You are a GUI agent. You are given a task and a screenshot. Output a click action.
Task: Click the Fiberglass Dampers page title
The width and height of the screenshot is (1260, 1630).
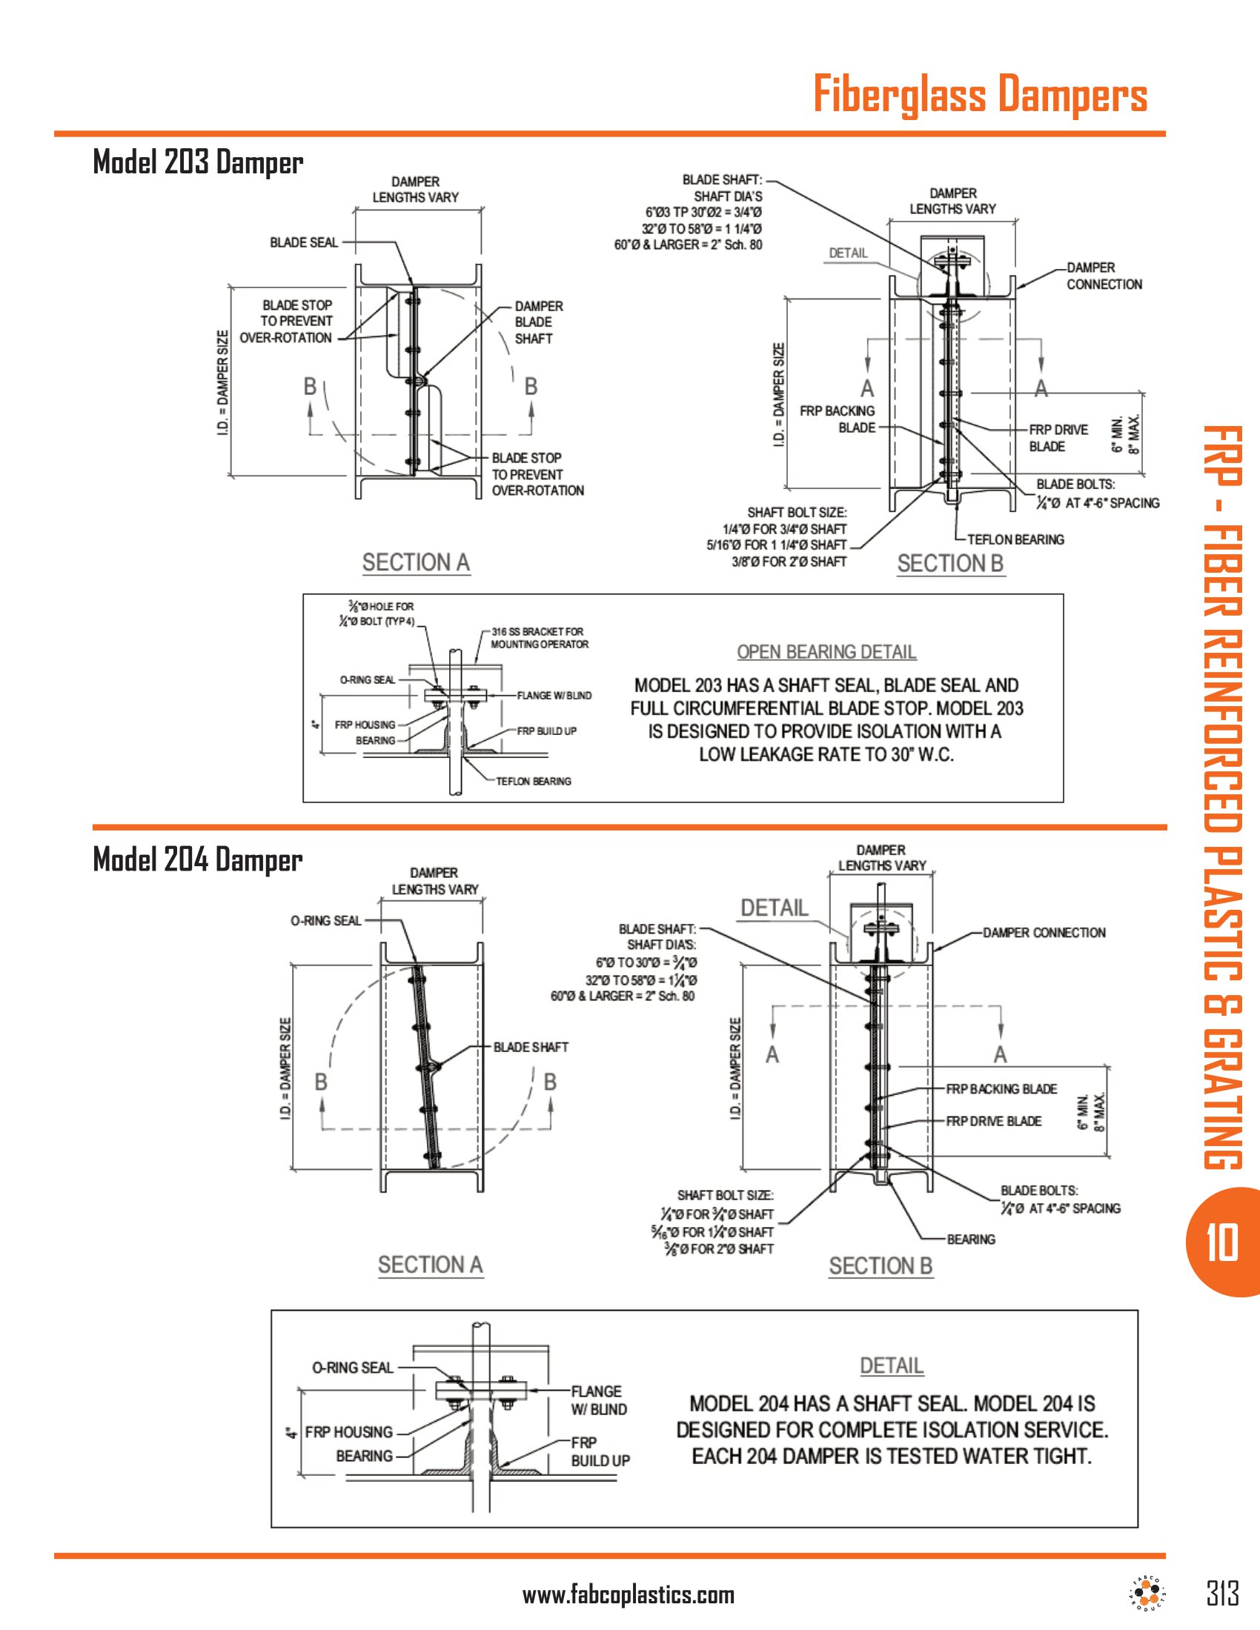[x=979, y=95]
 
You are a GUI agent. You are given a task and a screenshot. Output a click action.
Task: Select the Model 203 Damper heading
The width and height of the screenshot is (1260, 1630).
[x=198, y=162]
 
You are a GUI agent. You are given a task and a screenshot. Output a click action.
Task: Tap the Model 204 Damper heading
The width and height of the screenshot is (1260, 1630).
[x=198, y=859]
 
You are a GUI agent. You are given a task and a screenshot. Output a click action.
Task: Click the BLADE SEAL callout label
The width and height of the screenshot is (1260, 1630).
[x=304, y=242]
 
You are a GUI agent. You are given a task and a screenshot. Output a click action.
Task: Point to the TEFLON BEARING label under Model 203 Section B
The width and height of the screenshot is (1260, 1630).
[x=1015, y=539]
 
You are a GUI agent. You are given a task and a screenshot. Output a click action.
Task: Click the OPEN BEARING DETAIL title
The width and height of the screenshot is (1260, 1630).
[x=826, y=651]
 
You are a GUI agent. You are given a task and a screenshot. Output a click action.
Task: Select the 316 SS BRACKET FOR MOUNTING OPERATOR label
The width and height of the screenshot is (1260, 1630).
[x=539, y=638]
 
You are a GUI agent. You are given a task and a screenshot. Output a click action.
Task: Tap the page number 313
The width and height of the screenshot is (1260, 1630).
[x=1222, y=1595]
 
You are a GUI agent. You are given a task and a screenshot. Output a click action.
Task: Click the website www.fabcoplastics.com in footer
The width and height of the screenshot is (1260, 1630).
[x=629, y=1596]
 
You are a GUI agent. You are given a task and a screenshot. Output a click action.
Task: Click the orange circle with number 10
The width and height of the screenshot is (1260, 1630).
[x=1222, y=1243]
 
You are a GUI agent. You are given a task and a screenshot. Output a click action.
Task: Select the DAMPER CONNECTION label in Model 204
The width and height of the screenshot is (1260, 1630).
[x=1044, y=933]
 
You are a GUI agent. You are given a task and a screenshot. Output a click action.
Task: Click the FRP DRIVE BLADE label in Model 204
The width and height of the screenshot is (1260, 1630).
[x=993, y=1121]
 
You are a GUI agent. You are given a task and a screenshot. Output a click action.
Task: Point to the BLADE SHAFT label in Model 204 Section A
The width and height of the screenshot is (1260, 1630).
[x=531, y=1047]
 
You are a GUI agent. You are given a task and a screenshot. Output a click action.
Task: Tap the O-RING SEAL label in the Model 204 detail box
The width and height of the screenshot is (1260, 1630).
[x=352, y=1367]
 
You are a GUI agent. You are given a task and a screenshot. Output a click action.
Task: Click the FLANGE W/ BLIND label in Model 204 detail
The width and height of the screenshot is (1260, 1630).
[x=599, y=1400]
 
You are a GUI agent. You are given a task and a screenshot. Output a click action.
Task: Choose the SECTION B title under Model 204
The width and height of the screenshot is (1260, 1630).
[x=880, y=1265]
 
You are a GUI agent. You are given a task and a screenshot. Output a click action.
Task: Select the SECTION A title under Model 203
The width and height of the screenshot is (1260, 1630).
[x=416, y=562]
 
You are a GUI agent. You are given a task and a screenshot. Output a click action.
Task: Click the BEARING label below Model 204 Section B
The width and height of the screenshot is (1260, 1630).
[x=970, y=1239]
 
